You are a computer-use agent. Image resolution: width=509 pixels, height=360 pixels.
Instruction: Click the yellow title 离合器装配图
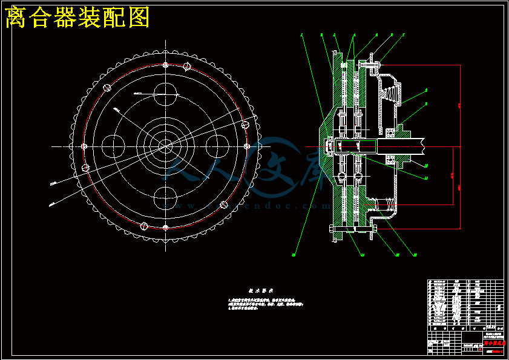77,18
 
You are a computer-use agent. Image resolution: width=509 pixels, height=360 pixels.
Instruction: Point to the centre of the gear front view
165,146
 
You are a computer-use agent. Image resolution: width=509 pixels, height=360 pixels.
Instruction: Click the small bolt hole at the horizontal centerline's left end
84,146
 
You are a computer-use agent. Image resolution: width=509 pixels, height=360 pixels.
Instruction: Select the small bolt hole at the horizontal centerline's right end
246,146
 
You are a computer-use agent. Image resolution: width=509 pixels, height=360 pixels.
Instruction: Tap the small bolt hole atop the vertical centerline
165,65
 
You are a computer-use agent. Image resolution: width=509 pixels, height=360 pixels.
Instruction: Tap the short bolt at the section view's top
370,63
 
